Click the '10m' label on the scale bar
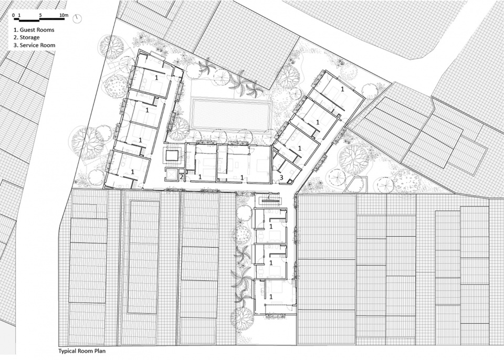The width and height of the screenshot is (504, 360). click(x=64, y=15)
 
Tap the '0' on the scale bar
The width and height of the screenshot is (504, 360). click(x=14, y=15)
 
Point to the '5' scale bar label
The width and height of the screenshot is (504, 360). click(x=40, y=15)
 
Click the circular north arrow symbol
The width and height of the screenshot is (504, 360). click(x=77, y=19)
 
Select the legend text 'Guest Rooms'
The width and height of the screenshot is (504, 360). click(x=37, y=30)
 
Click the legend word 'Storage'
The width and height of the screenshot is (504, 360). click(x=29, y=38)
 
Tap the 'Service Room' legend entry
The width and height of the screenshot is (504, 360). click(x=37, y=45)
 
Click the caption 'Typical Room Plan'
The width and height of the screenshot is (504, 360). click(x=82, y=351)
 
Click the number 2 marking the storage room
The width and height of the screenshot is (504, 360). click(x=181, y=176)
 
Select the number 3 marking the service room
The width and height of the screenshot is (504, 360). click(x=281, y=177)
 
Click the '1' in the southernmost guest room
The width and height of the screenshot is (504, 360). click(x=271, y=297)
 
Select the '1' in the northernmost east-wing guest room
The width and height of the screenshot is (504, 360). click(x=342, y=89)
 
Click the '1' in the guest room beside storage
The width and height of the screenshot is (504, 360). click(x=200, y=176)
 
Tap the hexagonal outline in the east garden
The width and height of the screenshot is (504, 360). click(x=356, y=185)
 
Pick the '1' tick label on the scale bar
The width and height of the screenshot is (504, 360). click(x=19, y=15)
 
